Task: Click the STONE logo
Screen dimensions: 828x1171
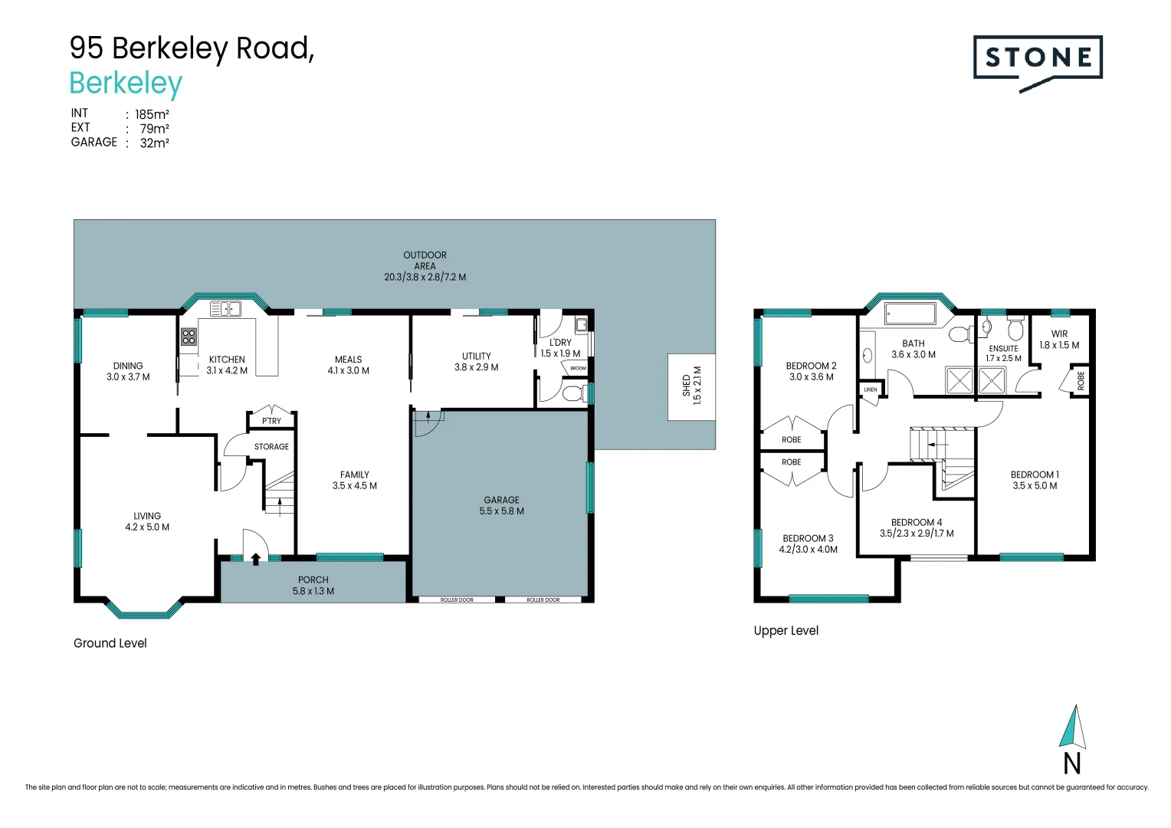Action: click(x=1038, y=58)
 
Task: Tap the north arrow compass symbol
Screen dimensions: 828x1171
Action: click(x=1073, y=728)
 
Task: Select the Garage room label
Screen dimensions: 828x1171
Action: click(x=501, y=500)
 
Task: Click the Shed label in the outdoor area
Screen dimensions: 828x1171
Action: click(x=687, y=386)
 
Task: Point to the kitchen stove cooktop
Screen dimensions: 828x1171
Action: click(x=189, y=337)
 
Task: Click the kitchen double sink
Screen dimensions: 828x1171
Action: click(x=225, y=309)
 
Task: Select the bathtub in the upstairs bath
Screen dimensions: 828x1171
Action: click(x=910, y=314)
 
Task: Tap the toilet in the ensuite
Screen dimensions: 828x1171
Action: click(x=1015, y=330)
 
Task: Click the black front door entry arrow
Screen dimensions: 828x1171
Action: click(x=256, y=560)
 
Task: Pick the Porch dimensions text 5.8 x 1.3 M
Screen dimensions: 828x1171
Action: click(x=313, y=591)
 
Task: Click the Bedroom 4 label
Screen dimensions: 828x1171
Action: click(x=917, y=522)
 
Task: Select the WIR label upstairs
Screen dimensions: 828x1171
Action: click(x=1059, y=333)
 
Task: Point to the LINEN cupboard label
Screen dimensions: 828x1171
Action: click(x=871, y=389)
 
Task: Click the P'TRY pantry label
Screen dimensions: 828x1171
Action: click(x=271, y=421)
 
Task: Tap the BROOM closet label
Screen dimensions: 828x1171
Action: click(x=578, y=369)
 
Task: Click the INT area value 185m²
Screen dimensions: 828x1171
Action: click(x=152, y=114)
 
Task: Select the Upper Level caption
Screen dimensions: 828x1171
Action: click(x=786, y=630)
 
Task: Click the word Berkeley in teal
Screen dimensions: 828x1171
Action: click(x=126, y=83)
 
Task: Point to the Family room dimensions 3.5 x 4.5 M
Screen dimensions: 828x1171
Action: click(x=354, y=485)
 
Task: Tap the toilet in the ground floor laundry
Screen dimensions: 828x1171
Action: click(x=571, y=394)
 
